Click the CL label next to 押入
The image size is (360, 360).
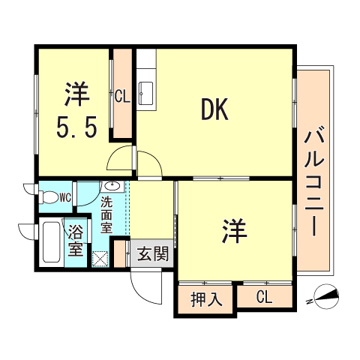pos(264,298)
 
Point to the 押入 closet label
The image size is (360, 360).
pos(206,299)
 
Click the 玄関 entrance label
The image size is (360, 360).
pos(152,254)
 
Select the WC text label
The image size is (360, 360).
pos(64,198)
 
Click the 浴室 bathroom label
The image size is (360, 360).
pos(76,240)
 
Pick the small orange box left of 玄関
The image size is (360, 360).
pos(119,253)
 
